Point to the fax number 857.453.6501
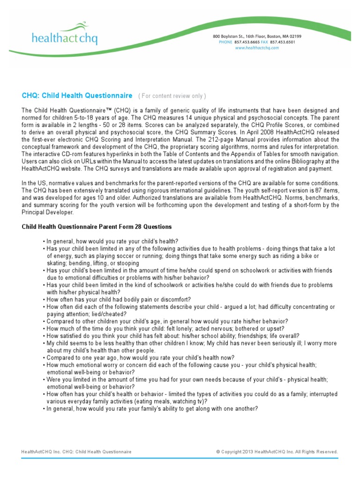point(282,42)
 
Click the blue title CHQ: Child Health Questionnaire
point(77,96)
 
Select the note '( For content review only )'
point(172,96)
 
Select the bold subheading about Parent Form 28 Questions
point(97,227)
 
